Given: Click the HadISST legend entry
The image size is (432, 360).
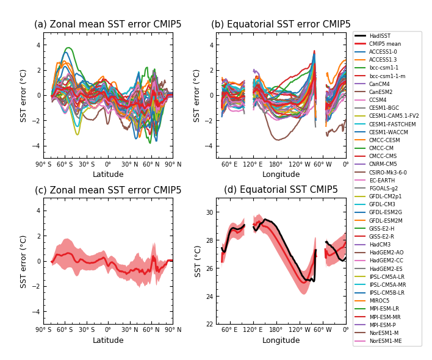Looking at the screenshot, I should click(x=380, y=36).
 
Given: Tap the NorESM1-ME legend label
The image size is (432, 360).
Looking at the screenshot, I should click(x=385, y=341).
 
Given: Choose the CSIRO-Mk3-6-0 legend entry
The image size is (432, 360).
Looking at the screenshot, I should click(x=387, y=173).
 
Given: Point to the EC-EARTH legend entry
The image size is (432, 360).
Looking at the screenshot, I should click(x=382, y=181).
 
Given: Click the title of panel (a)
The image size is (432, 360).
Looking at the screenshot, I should click(x=108, y=24).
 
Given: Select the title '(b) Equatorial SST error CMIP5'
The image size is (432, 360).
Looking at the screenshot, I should click(x=281, y=24).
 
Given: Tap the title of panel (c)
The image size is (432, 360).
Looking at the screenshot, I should click(x=108, y=190).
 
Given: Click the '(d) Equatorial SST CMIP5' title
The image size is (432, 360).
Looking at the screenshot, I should click(x=281, y=190).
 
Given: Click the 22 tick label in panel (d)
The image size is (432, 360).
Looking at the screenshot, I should click(x=209, y=324).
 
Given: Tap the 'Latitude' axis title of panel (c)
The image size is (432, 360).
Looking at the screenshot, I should click(x=108, y=340).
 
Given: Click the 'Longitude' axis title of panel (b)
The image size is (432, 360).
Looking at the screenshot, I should click(x=281, y=175).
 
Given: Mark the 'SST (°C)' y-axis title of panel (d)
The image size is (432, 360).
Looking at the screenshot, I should click(x=198, y=261).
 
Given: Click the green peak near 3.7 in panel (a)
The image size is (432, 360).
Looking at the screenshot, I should click(x=68, y=48).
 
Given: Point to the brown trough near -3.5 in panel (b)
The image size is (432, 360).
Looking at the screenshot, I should click(x=278, y=140).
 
